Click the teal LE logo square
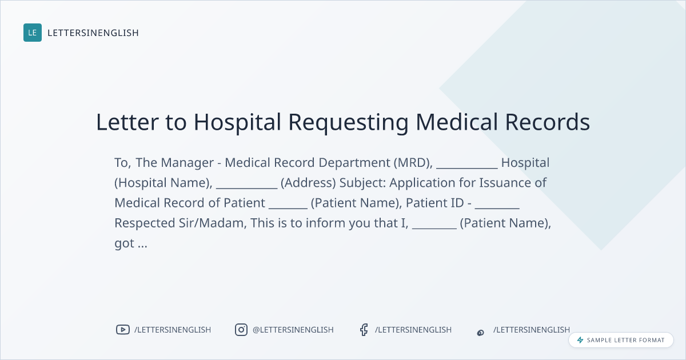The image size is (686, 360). tap(33, 33)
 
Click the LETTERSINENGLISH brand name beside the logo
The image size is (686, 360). tap(93, 33)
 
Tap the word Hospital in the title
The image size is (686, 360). tap(237, 122)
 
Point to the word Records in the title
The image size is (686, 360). tap(547, 122)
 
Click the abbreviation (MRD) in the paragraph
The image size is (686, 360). tap(413, 162)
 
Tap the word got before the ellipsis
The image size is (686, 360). tap(125, 243)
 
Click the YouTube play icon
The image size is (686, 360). tap(123, 330)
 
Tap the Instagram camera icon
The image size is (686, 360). tap(241, 330)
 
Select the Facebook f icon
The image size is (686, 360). tap(364, 330)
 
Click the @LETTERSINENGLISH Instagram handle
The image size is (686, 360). tap(293, 330)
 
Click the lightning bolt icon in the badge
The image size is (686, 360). tap(580, 340)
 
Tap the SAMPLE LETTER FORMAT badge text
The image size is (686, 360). tap(625, 340)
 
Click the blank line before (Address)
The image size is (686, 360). tap(246, 188)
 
